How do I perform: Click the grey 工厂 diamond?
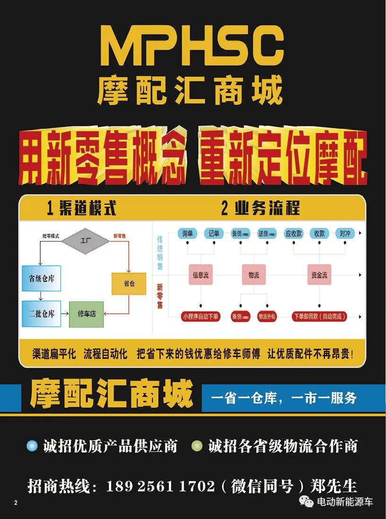(86, 241)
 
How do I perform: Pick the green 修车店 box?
(86, 314)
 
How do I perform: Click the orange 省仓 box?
(129, 284)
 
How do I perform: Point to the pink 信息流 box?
(201, 275)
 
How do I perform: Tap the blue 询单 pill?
(188, 233)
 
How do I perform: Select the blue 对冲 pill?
(345, 233)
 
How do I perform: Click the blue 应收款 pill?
(293, 233)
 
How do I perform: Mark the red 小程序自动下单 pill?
(201, 316)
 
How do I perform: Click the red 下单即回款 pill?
(319, 316)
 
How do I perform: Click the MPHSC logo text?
(193, 46)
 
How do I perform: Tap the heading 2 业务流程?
(260, 208)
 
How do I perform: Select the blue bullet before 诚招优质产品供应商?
(32, 446)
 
